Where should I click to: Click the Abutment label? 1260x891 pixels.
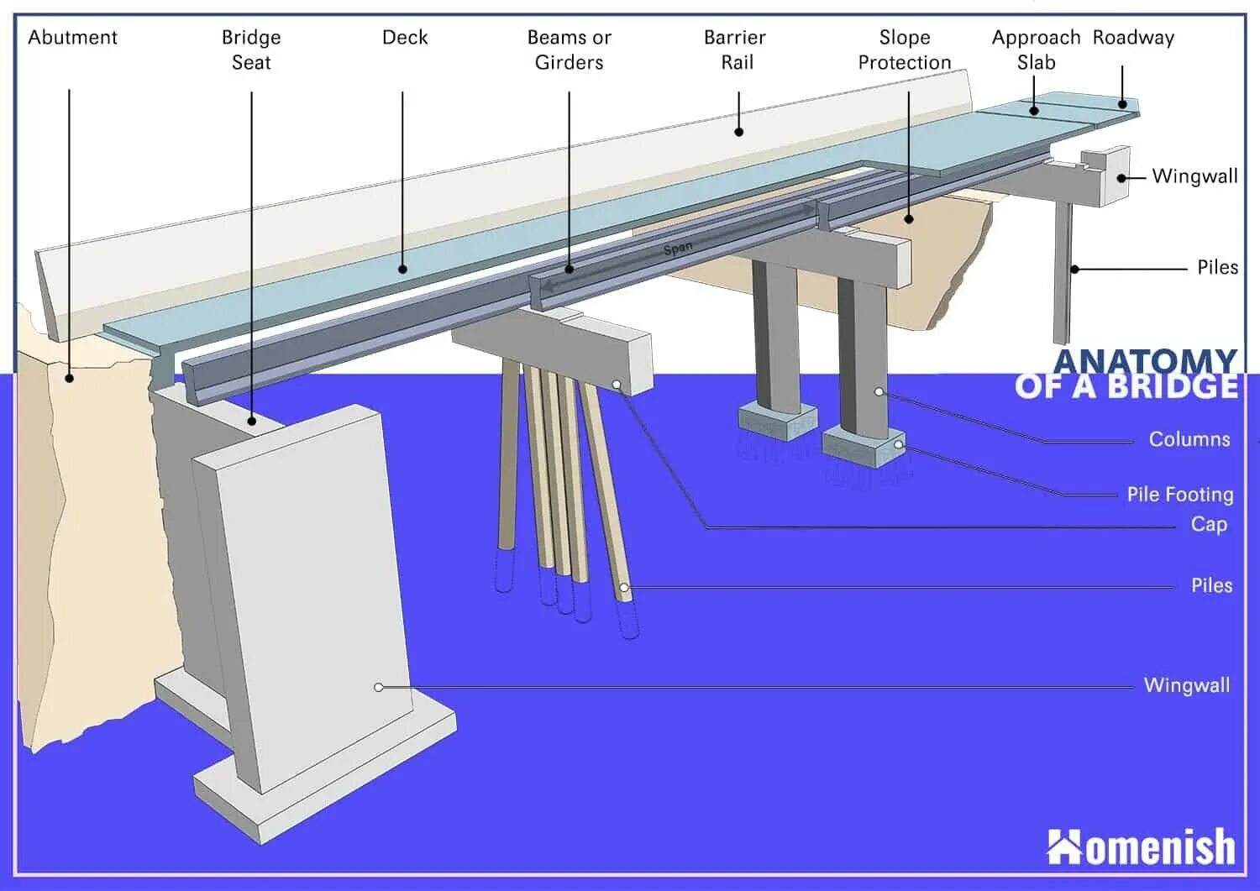pyautogui.click(x=73, y=38)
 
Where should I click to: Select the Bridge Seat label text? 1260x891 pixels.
pyautogui.click(x=251, y=50)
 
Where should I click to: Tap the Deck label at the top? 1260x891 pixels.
pyautogui.click(x=405, y=38)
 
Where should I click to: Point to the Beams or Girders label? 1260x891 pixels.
pyautogui.click(x=569, y=50)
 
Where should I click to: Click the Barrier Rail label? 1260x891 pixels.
pyautogui.click(x=736, y=50)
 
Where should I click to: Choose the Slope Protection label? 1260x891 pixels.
pyautogui.click(x=905, y=50)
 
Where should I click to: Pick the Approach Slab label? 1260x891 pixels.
pyautogui.click(x=1036, y=50)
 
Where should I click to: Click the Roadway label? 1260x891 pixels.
pyautogui.click(x=1133, y=38)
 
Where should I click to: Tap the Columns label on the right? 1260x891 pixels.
pyautogui.click(x=1189, y=439)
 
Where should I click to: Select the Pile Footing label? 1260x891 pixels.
pyautogui.click(x=1179, y=495)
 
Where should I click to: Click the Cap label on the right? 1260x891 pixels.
pyautogui.click(x=1209, y=525)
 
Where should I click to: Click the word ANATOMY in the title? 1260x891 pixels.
pyautogui.click(x=1145, y=362)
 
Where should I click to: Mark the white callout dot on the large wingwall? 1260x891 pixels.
pyautogui.click(x=379, y=687)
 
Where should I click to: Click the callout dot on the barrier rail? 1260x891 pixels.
pyautogui.click(x=739, y=131)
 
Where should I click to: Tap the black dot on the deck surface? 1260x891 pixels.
pyautogui.click(x=402, y=270)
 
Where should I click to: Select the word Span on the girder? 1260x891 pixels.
pyautogui.click(x=678, y=248)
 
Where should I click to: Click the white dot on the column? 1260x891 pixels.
pyautogui.click(x=879, y=392)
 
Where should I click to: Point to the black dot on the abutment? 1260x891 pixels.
pyautogui.click(x=70, y=379)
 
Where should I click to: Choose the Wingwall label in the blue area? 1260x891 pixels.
pyautogui.click(x=1186, y=685)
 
